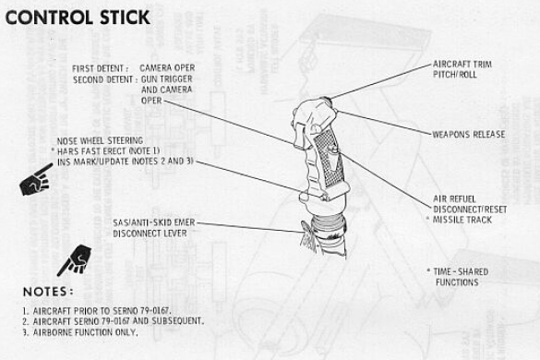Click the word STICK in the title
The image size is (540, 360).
tap(125, 18)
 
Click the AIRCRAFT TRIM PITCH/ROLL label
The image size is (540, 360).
tap(462, 69)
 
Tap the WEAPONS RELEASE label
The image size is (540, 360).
tap(469, 134)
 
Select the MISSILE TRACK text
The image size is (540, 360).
tap(462, 220)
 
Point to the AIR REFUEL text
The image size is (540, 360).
tap(454, 198)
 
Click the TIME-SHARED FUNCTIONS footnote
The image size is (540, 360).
tap(458, 277)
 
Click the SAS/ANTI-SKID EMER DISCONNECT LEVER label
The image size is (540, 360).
tap(154, 228)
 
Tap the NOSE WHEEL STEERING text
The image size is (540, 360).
tap(100, 140)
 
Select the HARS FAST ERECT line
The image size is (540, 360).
tap(106, 150)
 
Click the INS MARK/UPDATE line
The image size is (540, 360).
tap(126, 162)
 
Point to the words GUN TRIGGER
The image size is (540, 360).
tap(167, 78)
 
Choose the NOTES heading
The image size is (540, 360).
tap(48, 292)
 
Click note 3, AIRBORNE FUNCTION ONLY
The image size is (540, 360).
tap(80, 332)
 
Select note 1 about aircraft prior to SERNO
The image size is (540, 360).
tap(97, 311)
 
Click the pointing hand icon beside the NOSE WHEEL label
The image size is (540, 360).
tap(36, 180)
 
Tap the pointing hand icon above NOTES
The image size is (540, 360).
tap(75, 260)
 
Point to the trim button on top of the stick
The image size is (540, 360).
tap(326, 101)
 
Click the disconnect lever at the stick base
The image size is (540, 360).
tap(308, 234)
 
